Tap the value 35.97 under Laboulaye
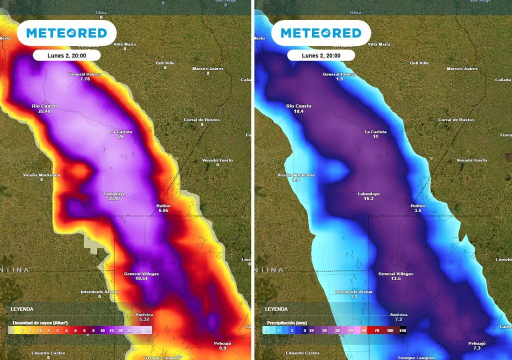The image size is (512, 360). click(x=114, y=198)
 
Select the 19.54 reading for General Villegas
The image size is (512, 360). click(x=141, y=278)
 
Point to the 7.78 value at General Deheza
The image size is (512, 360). click(x=85, y=79)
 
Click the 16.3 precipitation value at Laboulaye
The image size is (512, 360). click(x=368, y=198)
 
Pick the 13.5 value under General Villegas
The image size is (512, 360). click(x=395, y=278)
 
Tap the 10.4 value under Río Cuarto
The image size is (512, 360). click(x=298, y=111)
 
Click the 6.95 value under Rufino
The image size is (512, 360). click(x=163, y=211)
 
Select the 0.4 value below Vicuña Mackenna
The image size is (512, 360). click(x=295, y=179)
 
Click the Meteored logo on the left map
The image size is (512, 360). click(x=66, y=33)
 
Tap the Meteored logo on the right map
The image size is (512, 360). click(x=320, y=33)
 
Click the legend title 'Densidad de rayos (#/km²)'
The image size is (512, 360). click(x=40, y=323)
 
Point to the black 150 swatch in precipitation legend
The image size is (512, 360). click(x=402, y=330)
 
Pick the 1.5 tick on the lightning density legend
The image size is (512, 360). click(x=39, y=330)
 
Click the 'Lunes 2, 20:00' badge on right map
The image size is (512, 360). click(x=321, y=55)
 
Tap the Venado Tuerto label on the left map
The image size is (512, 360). click(x=217, y=160)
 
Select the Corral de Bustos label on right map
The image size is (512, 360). click(x=456, y=120)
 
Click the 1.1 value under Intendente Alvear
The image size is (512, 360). click(x=353, y=296)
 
